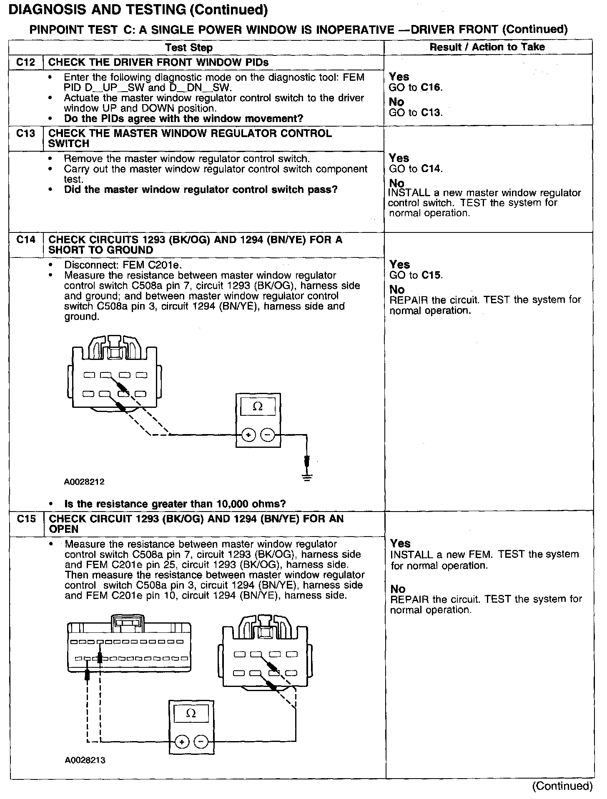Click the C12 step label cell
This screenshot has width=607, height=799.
(x=26, y=62)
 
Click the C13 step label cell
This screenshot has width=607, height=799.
(x=26, y=134)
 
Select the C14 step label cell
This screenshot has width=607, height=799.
(x=26, y=240)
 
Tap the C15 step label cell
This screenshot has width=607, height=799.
(x=26, y=519)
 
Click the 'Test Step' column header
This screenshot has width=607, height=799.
(x=189, y=47)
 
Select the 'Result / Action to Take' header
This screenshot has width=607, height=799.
(x=487, y=47)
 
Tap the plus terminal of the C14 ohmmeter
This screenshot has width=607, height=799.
(x=248, y=435)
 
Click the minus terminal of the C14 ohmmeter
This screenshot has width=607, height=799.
(x=267, y=435)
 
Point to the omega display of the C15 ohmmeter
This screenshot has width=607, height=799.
(x=191, y=714)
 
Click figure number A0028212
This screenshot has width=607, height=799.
(x=84, y=482)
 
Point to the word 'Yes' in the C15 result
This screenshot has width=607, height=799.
(x=401, y=543)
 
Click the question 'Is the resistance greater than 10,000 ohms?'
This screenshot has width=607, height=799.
(x=175, y=504)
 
